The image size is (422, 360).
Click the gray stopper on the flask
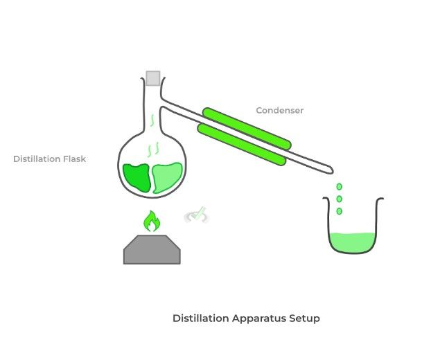[x=153, y=78]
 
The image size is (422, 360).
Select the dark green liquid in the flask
[x=137, y=177]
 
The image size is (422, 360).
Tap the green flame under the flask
[x=151, y=222]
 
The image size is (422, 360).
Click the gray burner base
[x=152, y=250]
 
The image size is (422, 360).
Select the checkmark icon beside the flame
[x=197, y=215]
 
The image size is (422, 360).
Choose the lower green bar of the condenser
[x=241, y=144]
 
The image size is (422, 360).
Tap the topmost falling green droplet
[x=340, y=187]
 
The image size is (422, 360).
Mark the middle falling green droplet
[x=340, y=199]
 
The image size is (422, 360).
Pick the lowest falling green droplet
[x=340, y=210]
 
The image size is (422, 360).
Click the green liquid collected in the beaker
[x=353, y=242]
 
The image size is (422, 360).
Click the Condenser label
[x=280, y=110]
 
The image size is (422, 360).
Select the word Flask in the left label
[x=74, y=159]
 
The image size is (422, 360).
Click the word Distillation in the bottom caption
[x=200, y=318]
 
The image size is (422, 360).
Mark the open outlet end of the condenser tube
[x=331, y=171]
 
